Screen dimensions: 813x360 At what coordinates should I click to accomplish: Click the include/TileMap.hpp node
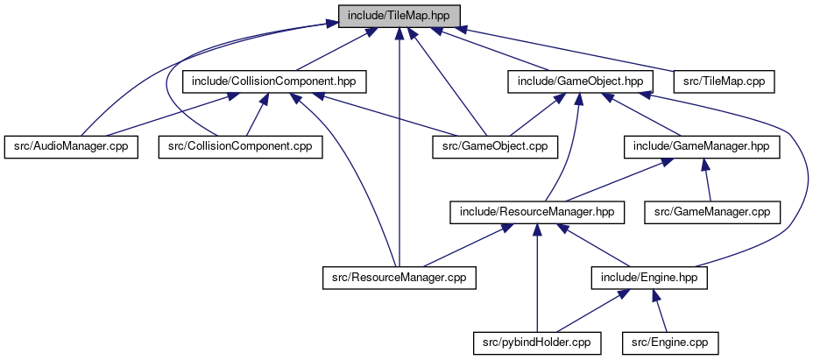click(399, 16)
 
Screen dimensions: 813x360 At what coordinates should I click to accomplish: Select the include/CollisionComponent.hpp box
click(274, 82)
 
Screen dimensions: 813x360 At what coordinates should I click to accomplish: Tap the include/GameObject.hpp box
click(580, 82)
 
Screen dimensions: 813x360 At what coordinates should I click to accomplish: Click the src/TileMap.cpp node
click(725, 82)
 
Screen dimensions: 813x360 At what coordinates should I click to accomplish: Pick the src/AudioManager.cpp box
click(71, 147)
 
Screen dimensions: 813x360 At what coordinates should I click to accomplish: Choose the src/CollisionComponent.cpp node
click(241, 147)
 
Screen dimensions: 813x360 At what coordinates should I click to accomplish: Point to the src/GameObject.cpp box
click(496, 147)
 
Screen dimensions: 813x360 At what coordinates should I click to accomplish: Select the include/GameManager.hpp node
click(702, 147)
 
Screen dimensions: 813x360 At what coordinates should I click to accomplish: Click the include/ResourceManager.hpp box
click(537, 213)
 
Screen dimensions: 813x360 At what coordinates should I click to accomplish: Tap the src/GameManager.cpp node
click(712, 213)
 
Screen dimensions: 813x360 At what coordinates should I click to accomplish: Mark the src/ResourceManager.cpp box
click(399, 278)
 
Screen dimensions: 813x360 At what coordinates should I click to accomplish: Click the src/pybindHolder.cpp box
click(537, 343)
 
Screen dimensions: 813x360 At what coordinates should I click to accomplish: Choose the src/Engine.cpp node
click(670, 343)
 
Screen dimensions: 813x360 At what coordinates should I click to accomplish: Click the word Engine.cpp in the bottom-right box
click(678, 343)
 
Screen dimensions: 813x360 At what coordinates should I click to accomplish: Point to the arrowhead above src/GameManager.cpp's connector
click(704, 165)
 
